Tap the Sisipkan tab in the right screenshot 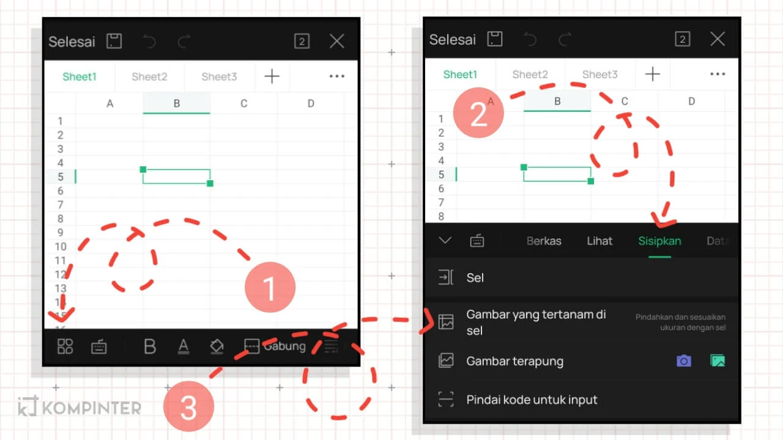[659, 241]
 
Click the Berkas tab [544, 241]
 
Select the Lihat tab [599, 241]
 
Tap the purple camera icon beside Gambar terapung [683, 361]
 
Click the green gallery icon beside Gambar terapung [718, 361]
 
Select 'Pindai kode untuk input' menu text [532, 400]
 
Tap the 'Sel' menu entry [475, 277]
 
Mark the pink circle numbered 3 [188, 406]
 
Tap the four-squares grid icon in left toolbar [65, 346]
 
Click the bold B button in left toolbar [149, 346]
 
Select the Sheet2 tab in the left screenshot [149, 76]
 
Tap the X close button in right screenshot [717, 39]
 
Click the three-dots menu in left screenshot [337, 76]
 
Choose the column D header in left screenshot [311, 103]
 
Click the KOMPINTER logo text [91, 408]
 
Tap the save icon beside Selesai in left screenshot [114, 41]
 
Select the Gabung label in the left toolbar [284, 346]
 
